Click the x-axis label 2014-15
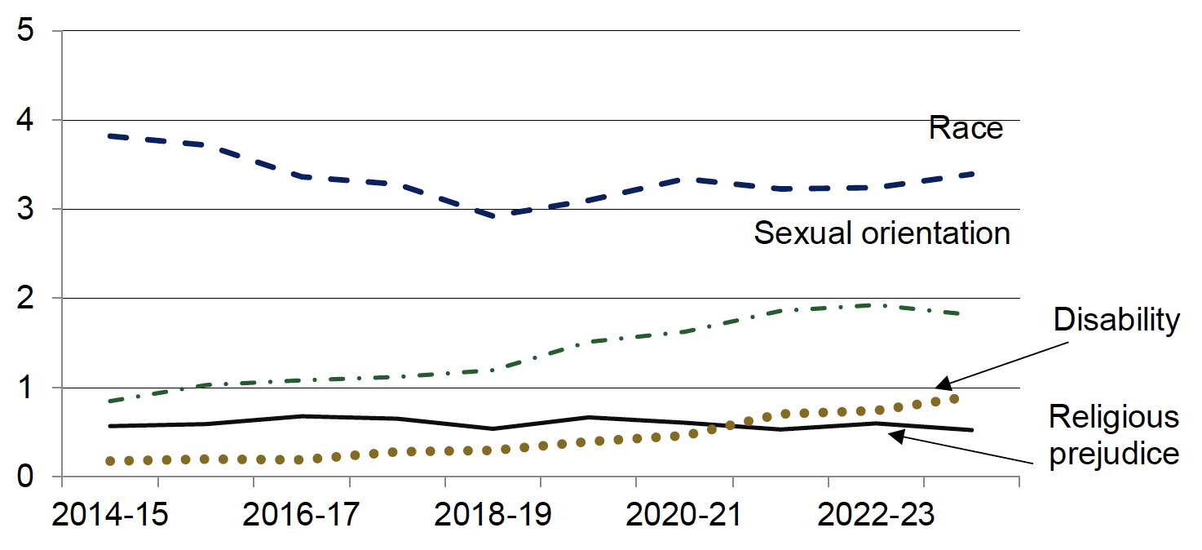(x=110, y=517)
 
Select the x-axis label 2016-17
(x=301, y=517)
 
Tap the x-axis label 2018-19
(x=492, y=517)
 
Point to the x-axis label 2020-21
(x=684, y=517)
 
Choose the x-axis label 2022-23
(x=876, y=517)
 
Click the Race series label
(x=966, y=129)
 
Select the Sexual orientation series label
(x=882, y=234)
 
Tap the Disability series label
(x=1116, y=321)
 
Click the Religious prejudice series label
(x=1113, y=434)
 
